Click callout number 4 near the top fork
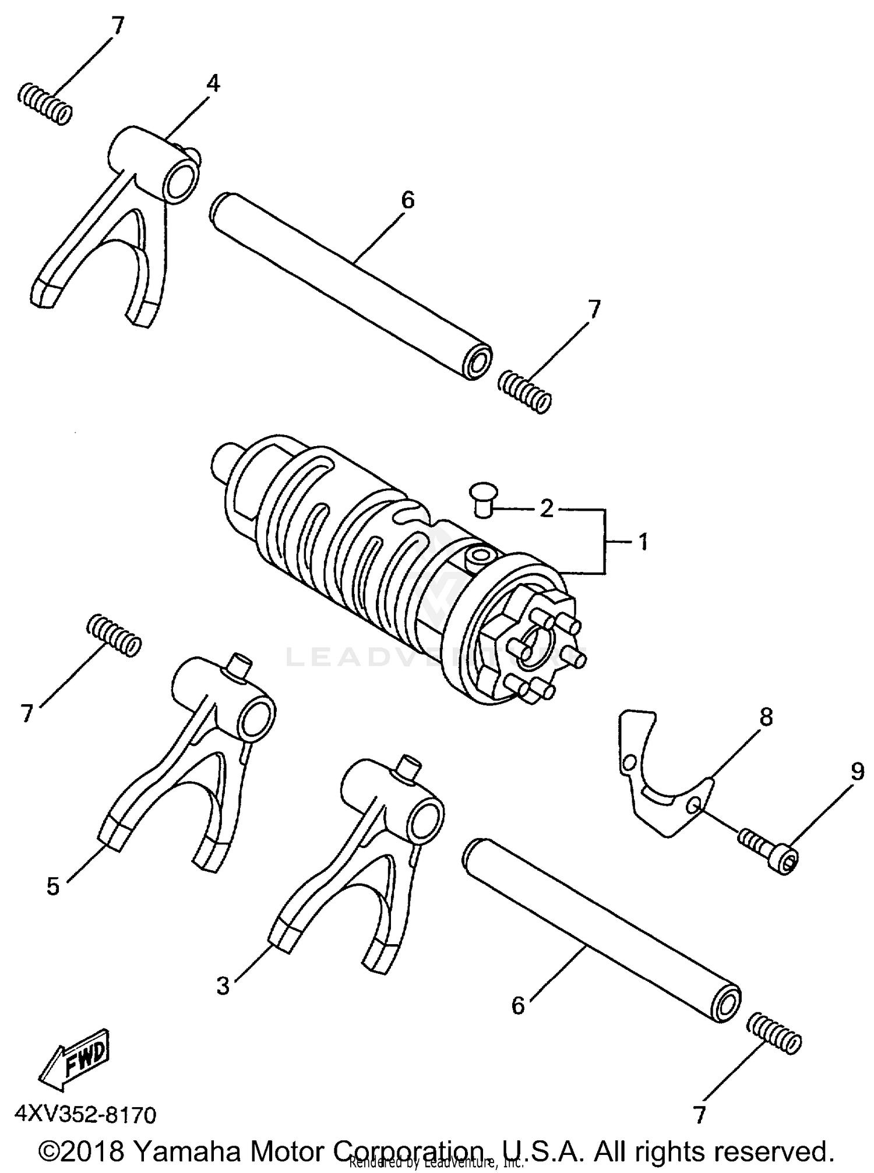click(x=213, y=84)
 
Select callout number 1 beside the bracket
click(x=643, y=542)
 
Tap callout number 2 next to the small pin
click(x=546, y=508)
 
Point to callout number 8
click(x=766, y=717)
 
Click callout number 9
click(x=857, y=772)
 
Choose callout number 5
click(x=53, y=887)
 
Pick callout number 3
click(x=223, y=986)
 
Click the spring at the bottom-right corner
click(x=774, y=1041)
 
